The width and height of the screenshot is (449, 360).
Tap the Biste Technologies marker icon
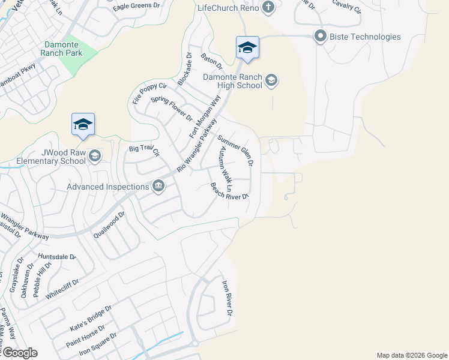pyautogui.click(x=319, y=37)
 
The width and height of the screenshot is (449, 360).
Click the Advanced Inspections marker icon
pyautogui.click(x=158, y=186)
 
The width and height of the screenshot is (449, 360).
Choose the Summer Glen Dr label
pyautogui.click(x=235, y=150)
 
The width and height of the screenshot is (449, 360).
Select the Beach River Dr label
pyautogui.click(x=229, y=191)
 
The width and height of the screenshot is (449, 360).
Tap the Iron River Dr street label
pyautogui.click(x=227, y=298)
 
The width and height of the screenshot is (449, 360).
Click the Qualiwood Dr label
pyautogui.click(x=109, y=225)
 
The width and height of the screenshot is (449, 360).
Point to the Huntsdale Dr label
pyautogui.click(x=57, y=256)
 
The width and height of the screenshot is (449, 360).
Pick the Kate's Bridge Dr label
pyautogui.click(x=91, y=317)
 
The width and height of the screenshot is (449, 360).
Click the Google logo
pyautogui.click(x=19, y=353)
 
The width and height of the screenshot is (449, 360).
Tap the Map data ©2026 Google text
pyautogui.click(x=411, y=355)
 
